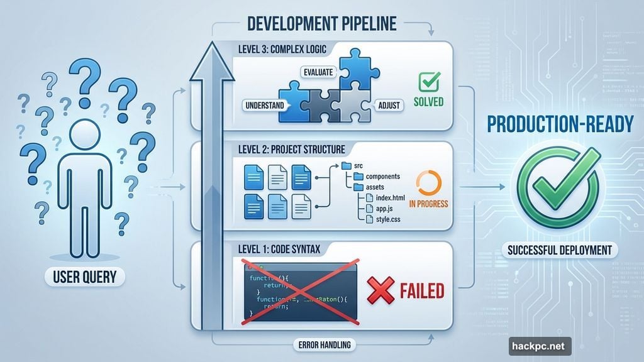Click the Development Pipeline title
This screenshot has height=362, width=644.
[321, 23]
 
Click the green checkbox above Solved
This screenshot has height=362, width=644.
[430, 82]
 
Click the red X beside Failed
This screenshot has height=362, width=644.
[380, 290]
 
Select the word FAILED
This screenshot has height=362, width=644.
[421, 291]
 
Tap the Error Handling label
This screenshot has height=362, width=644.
[321, 344]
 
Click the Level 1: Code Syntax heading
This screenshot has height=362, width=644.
[280, 250]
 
